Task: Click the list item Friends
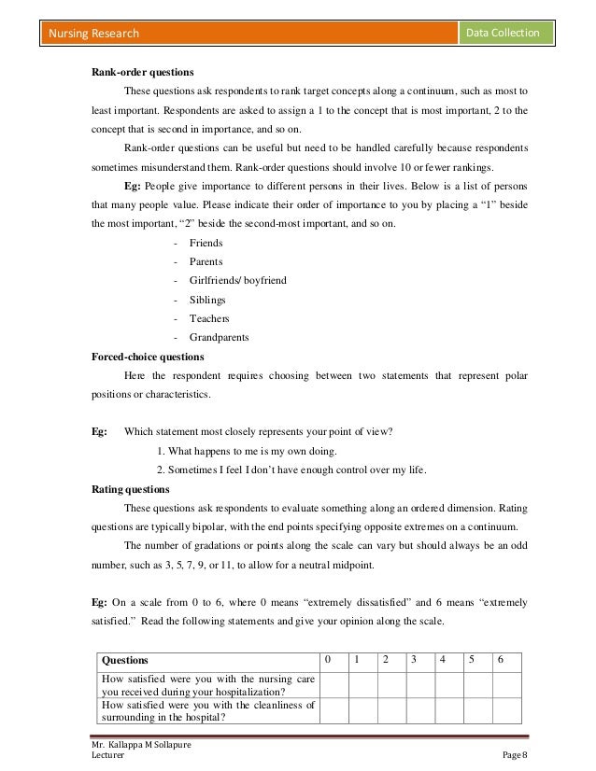point(206,243)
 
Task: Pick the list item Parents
point(206,261)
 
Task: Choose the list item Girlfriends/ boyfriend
point(237,280)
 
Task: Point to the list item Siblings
point(206,300)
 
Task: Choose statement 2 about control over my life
point(290,470)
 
